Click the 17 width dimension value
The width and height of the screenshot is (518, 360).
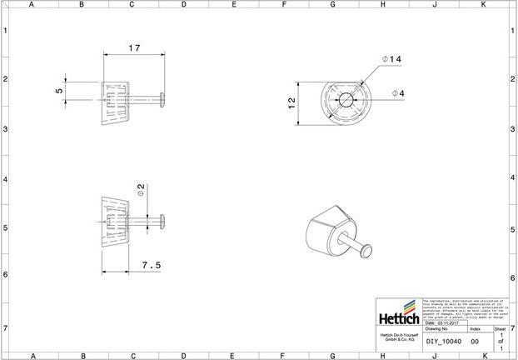click(x=134, y=48)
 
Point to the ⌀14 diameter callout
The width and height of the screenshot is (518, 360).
click(x=391, y=59)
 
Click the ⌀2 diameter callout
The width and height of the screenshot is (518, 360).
click(x=141, y=191)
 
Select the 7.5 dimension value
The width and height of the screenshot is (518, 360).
click(x=151, y=265)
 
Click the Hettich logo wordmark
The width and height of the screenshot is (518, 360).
click(x=399, y=319)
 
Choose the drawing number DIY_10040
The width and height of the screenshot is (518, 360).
click(x=444, y=341)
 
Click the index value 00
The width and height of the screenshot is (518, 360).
click(x=474, y=341)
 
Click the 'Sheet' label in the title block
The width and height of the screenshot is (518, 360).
click(x=500, y=330)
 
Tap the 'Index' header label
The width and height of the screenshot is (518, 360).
click(x=475, y=330)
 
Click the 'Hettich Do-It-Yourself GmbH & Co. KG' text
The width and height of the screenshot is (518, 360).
click(x=399, y=337)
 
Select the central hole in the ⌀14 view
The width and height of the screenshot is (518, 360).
click(x=346, y=99)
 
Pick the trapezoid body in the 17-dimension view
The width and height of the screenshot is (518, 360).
click(x=115, y=102)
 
